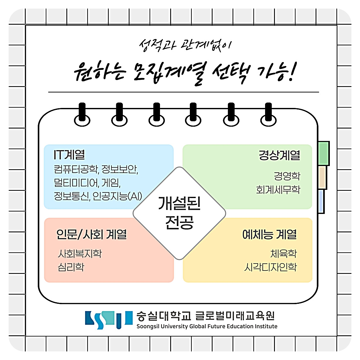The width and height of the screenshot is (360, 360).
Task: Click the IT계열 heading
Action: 69,155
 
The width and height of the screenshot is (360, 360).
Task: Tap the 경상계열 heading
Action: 279,155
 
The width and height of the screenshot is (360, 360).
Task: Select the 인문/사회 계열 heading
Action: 92,234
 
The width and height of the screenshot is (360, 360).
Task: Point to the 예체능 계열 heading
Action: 270,234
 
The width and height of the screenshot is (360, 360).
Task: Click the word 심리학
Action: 71,267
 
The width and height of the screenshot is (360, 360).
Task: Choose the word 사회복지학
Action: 80,253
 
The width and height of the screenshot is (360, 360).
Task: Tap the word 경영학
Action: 287,176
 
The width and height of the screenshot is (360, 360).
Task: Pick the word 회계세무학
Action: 278,190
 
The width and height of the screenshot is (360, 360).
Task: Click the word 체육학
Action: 283,253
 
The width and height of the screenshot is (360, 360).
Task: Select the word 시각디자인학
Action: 270,267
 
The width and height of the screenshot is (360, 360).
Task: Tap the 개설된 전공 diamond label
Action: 179,213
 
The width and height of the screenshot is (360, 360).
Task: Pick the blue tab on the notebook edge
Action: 321,201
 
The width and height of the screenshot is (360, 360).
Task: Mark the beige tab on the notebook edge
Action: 322,177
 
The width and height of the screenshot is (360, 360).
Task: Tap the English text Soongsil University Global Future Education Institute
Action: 207,326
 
